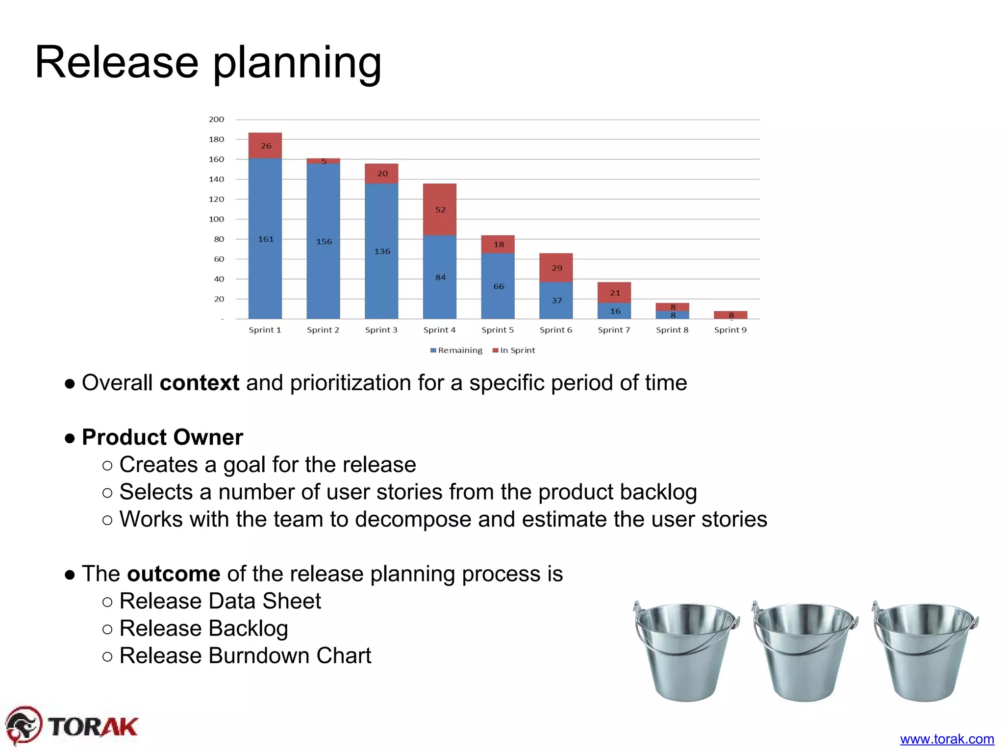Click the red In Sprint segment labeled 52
(440, 209)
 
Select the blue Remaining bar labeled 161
(265, 238)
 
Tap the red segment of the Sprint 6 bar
(556, 268)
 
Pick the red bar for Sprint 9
(730, 315)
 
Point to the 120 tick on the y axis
(216, 199)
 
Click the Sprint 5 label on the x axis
(498, 330)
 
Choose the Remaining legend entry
(456, 350)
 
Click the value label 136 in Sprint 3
(382, 251)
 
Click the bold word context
(200, 383)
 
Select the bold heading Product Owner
(162, 437)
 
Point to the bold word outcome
(174, 574)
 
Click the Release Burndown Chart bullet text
(245, 655)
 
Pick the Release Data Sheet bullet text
(220, 601)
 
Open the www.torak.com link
(947, 739)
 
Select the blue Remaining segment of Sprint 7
(614, 311)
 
